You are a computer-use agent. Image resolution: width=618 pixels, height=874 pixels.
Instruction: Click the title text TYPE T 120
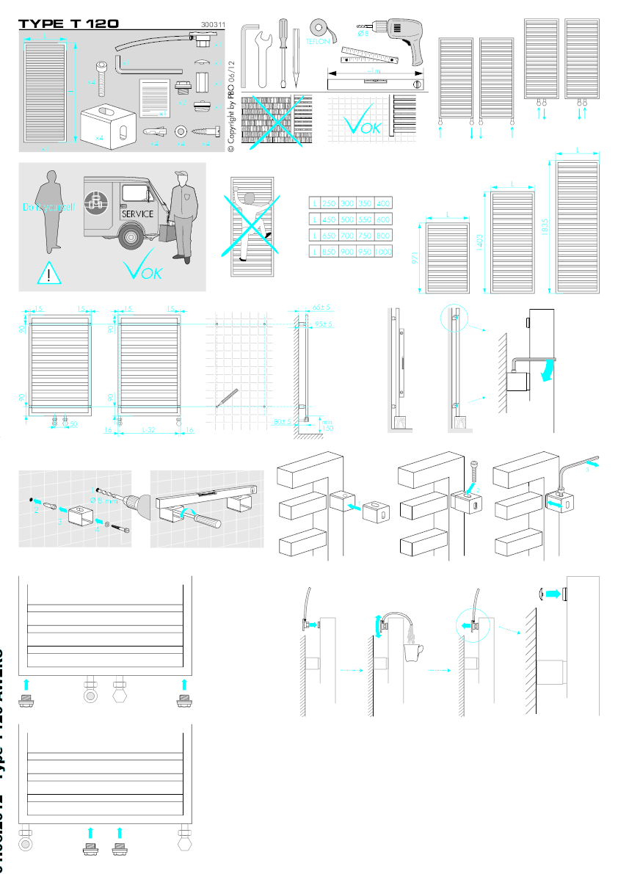(x=68, y=23)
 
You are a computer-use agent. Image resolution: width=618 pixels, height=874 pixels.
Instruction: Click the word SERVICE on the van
(x=138, y=214)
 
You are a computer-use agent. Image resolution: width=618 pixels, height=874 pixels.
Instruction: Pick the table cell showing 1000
(x=383, y=252)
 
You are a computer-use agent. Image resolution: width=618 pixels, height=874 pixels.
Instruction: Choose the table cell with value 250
(x=330, y=203)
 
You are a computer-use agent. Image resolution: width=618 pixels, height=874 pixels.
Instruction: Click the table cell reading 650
(x=330, y=236)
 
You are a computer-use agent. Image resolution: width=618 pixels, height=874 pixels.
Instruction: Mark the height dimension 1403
(x=481, y=241)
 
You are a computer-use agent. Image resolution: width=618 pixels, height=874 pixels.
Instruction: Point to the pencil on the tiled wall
(x=225, y=398)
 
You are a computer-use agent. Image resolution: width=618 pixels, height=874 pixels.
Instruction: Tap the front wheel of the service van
(x=131, y=237)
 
